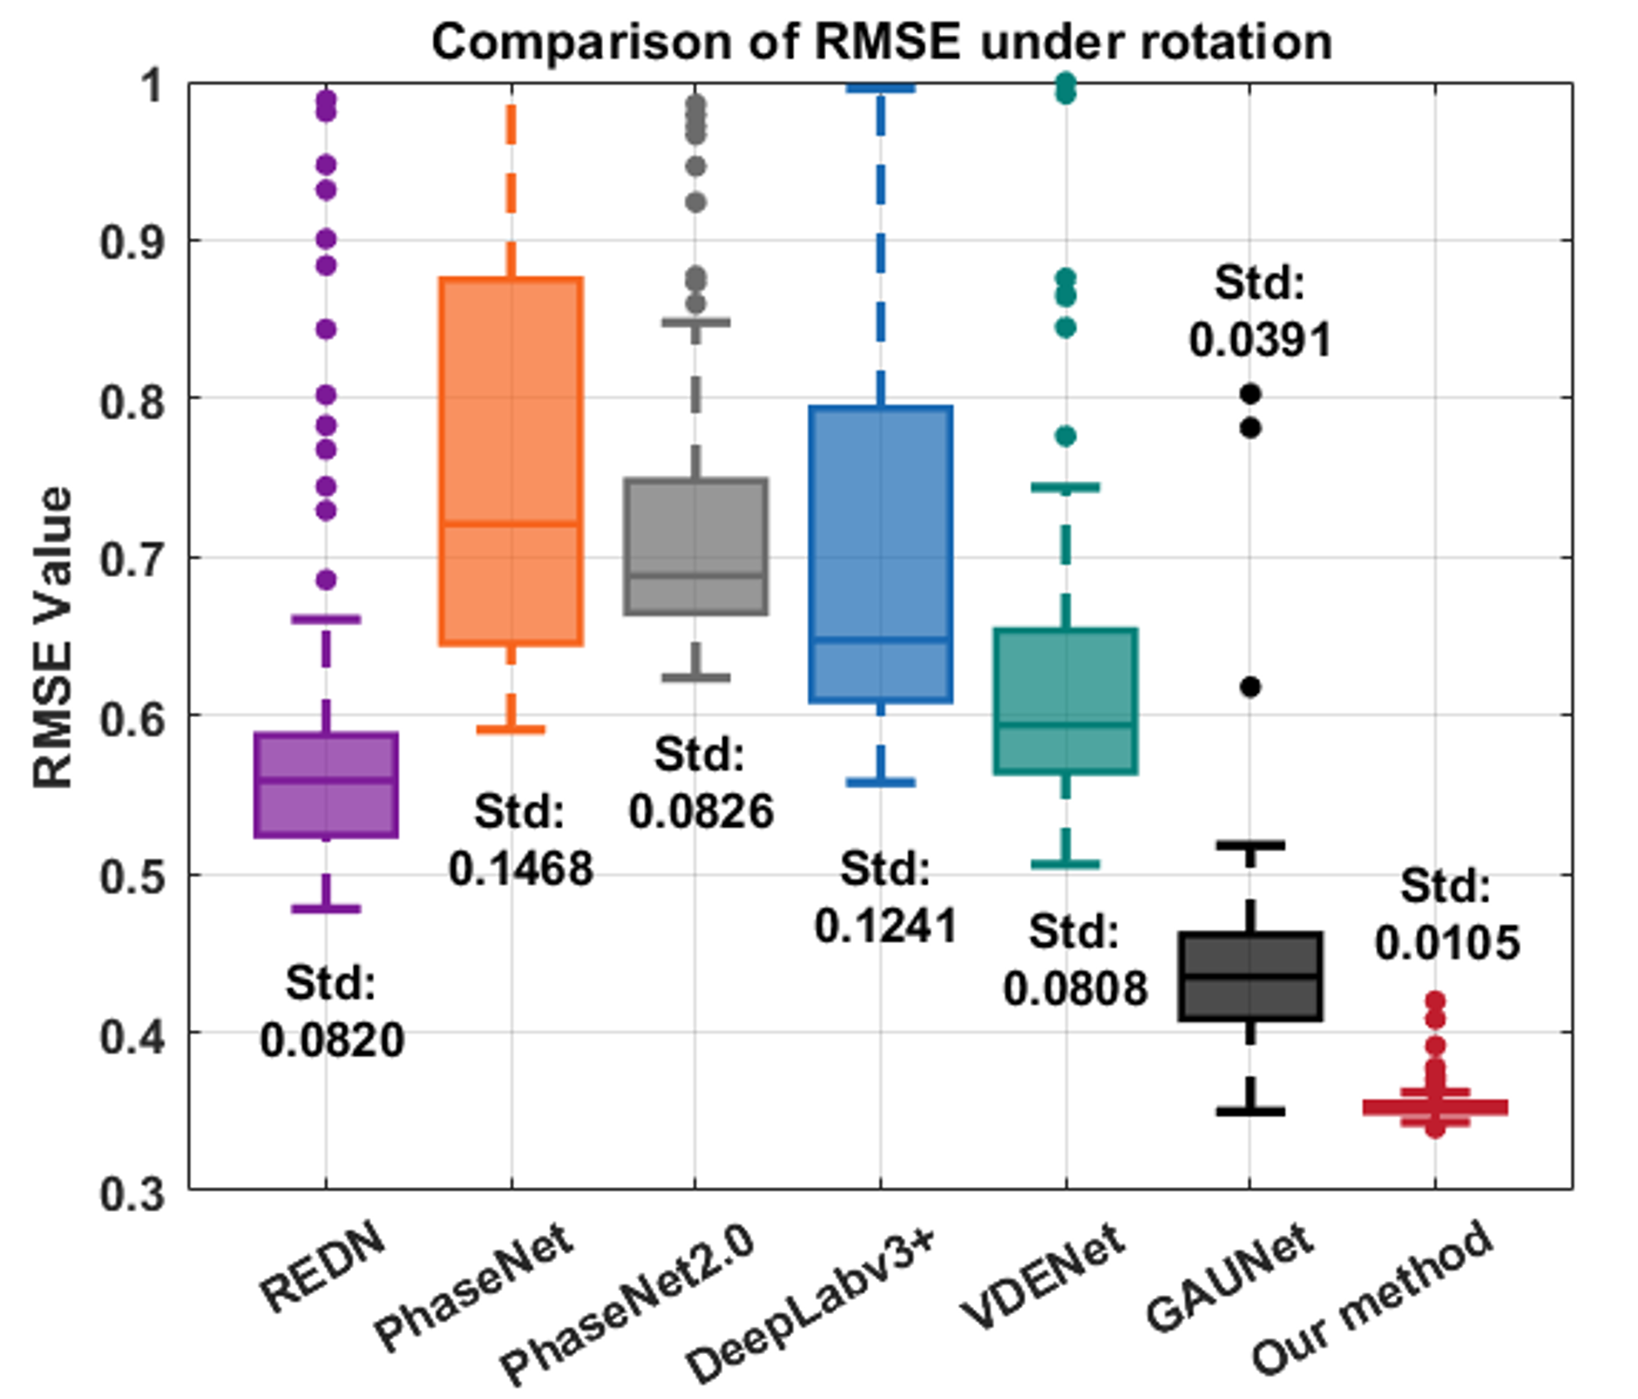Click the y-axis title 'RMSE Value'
[x=52, y=637]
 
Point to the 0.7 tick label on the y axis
[x=132, y=559]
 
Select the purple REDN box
[x=326, y=784]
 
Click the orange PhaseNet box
[x=511, y=461]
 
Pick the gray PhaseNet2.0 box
[x=695, y=546]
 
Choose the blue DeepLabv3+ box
[x=881, y=554]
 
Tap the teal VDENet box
[x=1066, y=701]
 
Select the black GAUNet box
[x=1250, y=976]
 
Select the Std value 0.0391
[x=1259, y=340]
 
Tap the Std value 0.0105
[x=1447, y=942]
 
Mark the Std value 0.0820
[x=332, y=1040]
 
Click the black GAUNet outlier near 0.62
[x=1250, y=687]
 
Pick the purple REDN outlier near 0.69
[x=326, y=579]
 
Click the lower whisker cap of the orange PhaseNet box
[x=511, y=729]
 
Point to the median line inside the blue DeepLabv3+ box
[x=881, y=639]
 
